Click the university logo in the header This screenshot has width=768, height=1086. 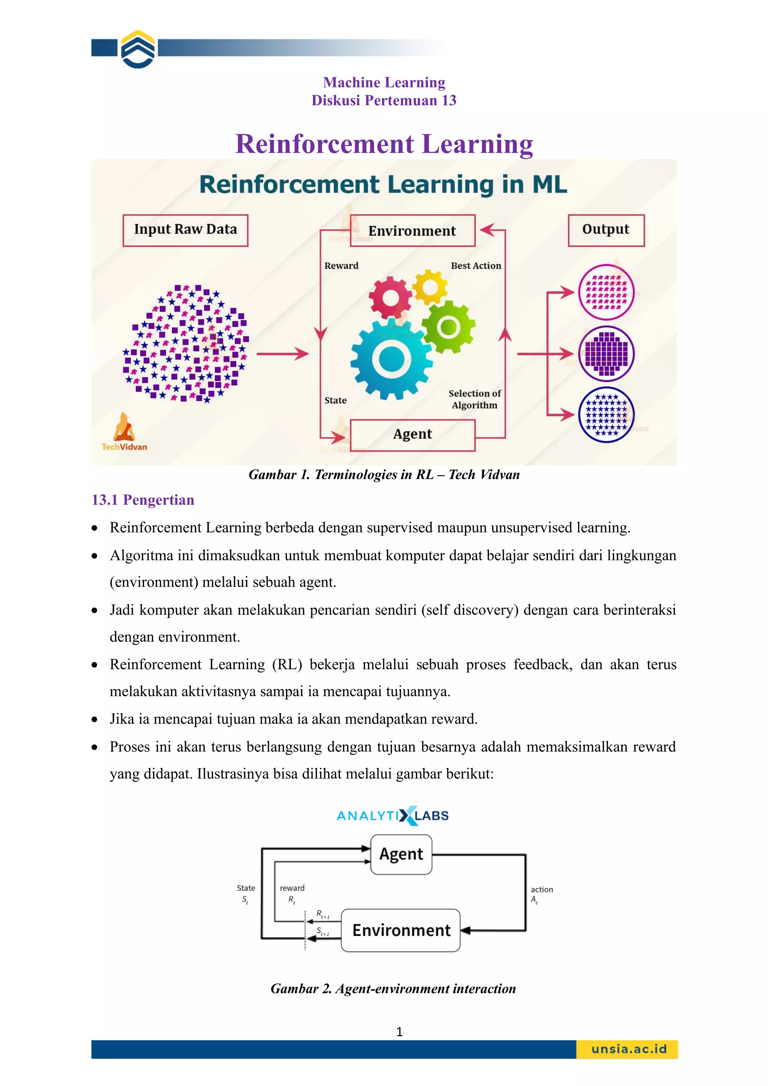tap(138, 49)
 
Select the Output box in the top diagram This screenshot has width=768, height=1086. tap(606, 230)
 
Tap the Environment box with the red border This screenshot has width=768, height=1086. tap(412, 231)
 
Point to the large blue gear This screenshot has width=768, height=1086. tap(391, 360)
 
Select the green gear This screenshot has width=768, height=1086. tap(448, 327)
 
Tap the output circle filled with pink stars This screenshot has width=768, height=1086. tap(606, 292)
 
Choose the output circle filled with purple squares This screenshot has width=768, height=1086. tap(606, 354)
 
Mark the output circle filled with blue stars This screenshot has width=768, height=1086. tap(606, 415)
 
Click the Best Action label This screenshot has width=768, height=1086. tap(475, 266)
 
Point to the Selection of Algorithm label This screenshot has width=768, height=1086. tap(475, 399)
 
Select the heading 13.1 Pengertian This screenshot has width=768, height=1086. tap(143, 500)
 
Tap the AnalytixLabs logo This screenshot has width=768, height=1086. tap(392, 815)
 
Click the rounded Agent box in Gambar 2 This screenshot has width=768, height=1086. tap(401, 854)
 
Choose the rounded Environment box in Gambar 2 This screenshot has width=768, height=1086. tap(401, 930)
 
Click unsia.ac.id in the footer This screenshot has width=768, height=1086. tap(629, 1049)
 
